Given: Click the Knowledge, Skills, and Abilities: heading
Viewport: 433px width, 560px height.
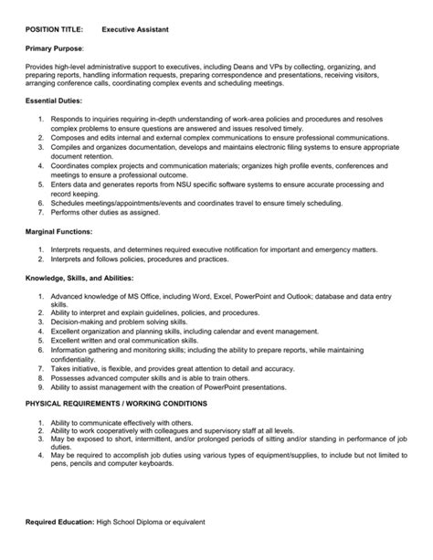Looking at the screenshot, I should (x=80, y=277).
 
